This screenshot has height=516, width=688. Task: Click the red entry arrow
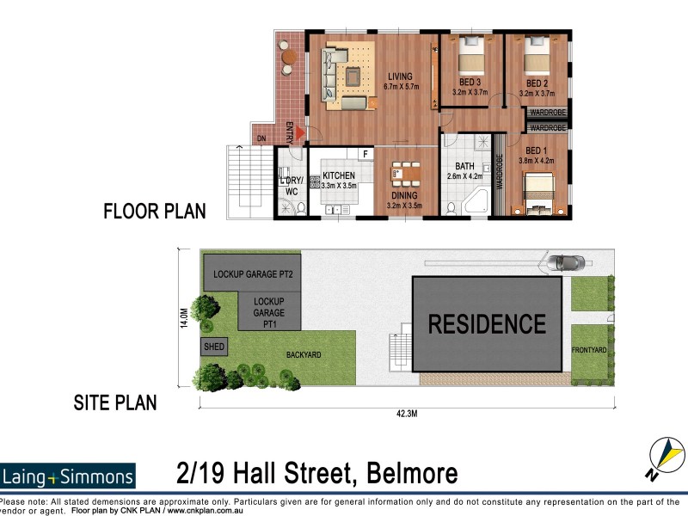point(300,133)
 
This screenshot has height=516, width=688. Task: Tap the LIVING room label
point(400,77)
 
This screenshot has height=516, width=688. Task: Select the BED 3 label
point(470,82)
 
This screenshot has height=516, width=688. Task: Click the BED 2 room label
point(537,83)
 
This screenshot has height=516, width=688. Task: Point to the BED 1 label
point(536,150)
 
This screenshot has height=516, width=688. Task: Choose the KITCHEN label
point(339,175)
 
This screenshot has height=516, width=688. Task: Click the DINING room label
point(404,195)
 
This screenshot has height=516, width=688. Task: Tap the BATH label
point(464,166)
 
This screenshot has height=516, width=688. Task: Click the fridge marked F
point(365,154)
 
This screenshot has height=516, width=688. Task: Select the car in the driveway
point(566,263)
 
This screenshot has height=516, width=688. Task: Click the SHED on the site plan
point(214,347)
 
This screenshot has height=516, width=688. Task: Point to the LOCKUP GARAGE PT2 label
point(253,274)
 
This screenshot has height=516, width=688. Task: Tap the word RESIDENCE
point(487,324)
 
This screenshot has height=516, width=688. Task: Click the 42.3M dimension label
point(407,414)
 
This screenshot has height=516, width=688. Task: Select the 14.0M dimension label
point(184,317)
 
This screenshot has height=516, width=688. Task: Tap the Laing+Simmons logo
point(68,476)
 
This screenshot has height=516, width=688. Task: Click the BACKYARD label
point(304,354)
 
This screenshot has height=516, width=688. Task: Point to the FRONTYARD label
point(589,350)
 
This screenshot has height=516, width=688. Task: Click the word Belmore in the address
point(412,473)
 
